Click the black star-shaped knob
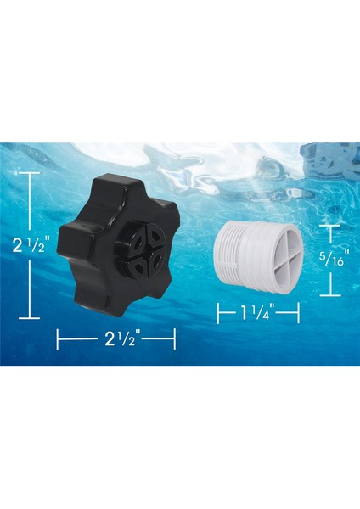pyautogui.click(x=127, y=247)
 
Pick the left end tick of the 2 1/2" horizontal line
pyautogui.click(x=58, y=340)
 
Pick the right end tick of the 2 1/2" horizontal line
pyautogui.click(x=174, y=340)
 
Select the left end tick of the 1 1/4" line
pyautogui.click(x=218, y=314)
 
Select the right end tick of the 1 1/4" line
pyautogui.click(x=299, y=314)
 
